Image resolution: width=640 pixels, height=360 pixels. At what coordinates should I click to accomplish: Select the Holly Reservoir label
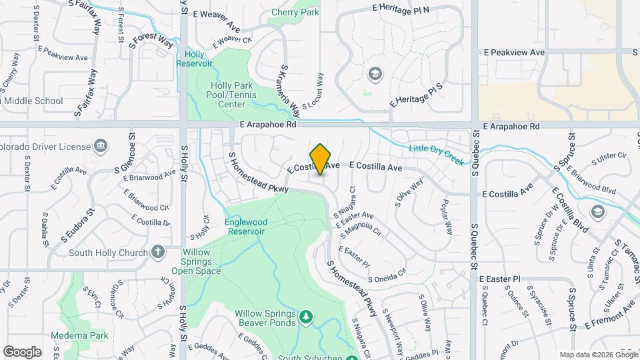point(194,59)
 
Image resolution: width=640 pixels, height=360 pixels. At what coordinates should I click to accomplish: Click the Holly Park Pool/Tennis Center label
point(233,95)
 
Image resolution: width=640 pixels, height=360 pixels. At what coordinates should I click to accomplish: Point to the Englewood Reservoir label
point(247,226)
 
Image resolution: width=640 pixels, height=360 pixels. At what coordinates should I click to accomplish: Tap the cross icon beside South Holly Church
point(157,252)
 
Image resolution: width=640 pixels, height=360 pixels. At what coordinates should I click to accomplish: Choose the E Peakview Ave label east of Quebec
point(515,52)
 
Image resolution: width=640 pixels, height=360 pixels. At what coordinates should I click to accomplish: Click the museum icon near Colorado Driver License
point(100,145)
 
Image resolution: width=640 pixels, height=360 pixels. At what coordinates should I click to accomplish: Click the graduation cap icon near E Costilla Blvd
point(598,211)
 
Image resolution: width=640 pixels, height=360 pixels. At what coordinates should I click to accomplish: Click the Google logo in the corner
point(22,351)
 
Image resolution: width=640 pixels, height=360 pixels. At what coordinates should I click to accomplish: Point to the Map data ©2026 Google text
point(598,355)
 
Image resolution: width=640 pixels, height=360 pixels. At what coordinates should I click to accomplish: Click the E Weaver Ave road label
point(216,21)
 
